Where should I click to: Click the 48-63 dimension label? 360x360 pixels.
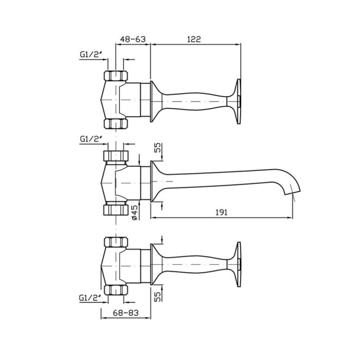coord(133,39)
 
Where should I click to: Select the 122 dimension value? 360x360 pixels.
coord(194,39)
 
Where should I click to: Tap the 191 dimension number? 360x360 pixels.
coord(222,212)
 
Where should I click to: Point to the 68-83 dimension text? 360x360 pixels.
coord(126,313)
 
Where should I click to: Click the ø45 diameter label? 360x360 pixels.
coord(135,212)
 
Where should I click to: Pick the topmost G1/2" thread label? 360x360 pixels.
coord(91,54)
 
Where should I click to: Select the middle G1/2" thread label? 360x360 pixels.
coord(91,139)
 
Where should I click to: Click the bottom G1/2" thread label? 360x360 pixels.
coord(91,298)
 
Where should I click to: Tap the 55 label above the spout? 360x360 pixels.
coord(158,148)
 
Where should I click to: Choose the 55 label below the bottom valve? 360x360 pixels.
coord(158,297)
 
